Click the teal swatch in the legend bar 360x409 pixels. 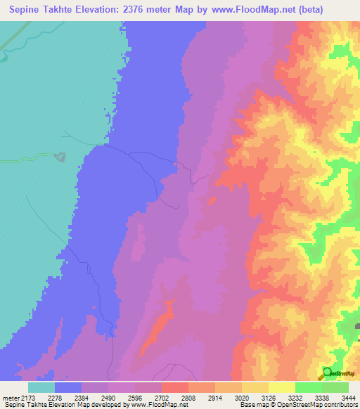tap(41, 387)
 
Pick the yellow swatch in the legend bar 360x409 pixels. tap(255, 387)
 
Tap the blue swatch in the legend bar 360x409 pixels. tap(68, 387)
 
